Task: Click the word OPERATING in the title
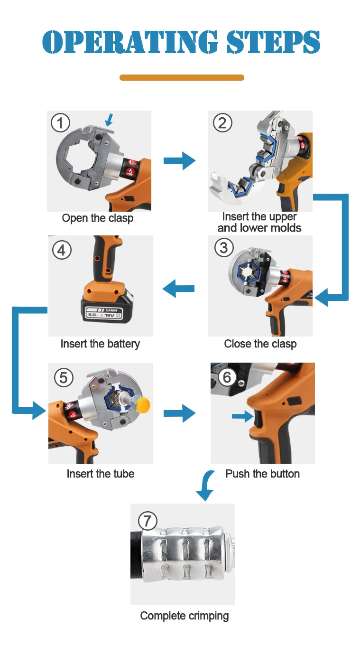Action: [130, 42]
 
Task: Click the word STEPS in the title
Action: [274, 42]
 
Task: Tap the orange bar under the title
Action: [182, 77]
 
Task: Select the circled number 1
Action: [61, 123]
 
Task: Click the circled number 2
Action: [222, 123]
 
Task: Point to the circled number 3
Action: [224, 248]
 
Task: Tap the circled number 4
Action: [62, 250]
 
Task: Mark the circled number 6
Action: [227, 377]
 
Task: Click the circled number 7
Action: [148, 521]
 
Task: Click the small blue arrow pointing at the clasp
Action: [109, 120]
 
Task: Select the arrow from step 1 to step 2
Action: [179, 160]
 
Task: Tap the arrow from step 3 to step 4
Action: [178, 288]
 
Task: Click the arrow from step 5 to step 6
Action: [179, 413]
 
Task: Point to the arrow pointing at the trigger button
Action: [243, 416]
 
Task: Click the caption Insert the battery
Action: [100, 344]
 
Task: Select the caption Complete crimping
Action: [185, 616]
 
